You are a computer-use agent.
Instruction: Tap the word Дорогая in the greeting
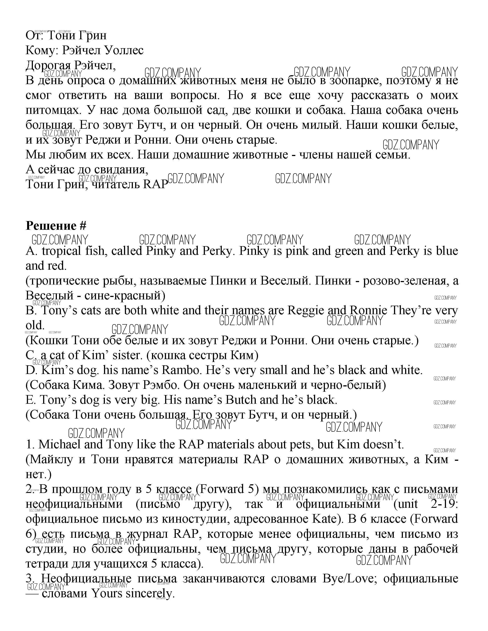[x=48, y=65]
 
